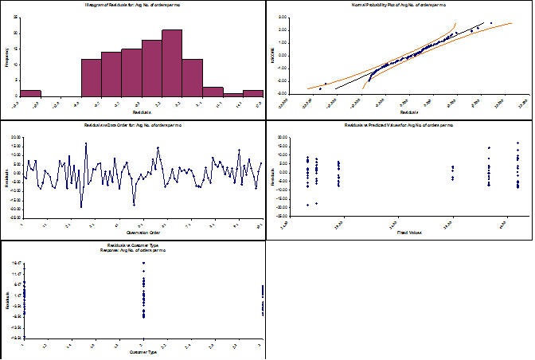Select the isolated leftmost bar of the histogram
[x=30, y=92]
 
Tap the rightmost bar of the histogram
[x=253, y=92]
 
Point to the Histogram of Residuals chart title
[x=133, y=6]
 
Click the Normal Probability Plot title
[x=400, y=6]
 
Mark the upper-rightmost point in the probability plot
[x=491, y=23]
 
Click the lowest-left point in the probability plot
[x=321, y=88]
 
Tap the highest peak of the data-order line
[x=85, y=143]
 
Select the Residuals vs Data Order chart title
[x=133, y=126]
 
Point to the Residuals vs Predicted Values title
[x=400, y=126]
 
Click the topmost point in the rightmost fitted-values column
[x=518, y=143]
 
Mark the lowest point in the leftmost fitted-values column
[x=307, y=205]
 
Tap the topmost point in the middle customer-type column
[x=143, y=262]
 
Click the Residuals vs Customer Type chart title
[x=133, y=246]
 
